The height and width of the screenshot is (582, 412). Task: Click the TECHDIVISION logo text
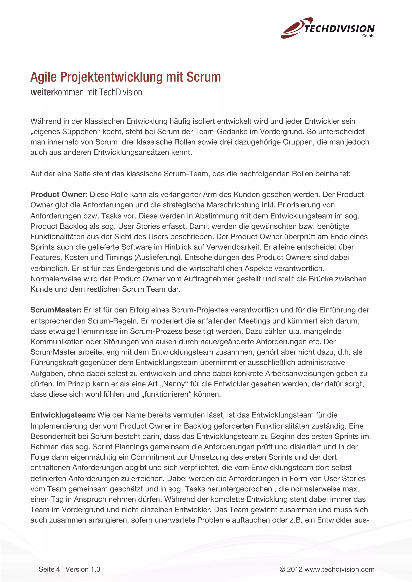(339, 29)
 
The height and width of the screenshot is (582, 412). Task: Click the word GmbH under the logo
(368, 36)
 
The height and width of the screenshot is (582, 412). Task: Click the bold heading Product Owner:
(59, 194)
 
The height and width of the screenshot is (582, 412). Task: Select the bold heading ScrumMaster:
(56, 310)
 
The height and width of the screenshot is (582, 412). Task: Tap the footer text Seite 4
(49, 569)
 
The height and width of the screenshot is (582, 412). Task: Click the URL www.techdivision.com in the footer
(339, 569)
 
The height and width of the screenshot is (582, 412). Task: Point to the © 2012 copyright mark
(291, 569)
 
